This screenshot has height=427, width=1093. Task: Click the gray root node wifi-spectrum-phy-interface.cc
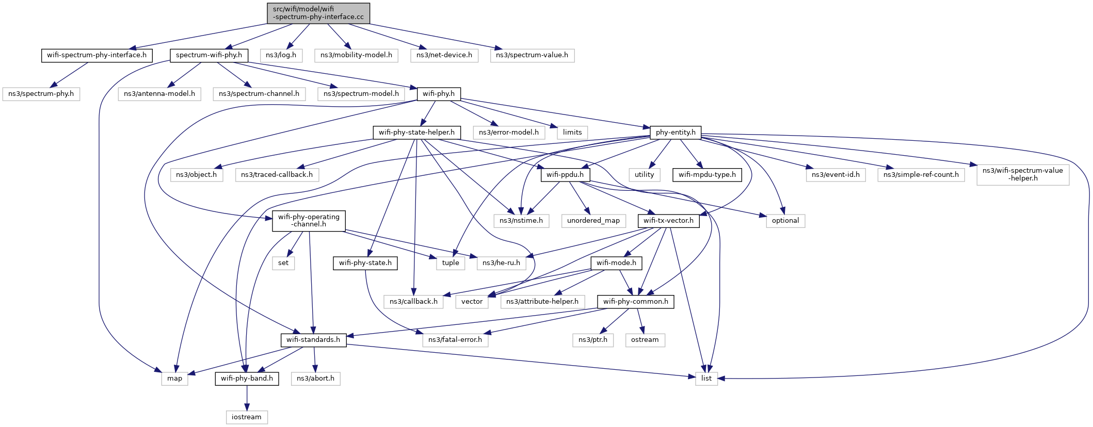coord(318,13)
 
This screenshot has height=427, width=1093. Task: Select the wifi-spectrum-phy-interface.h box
coord(97,55)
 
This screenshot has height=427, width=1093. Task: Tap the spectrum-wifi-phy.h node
coord(209,55)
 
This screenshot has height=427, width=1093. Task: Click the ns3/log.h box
coord(281,55)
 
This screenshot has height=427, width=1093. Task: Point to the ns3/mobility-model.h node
coord(356,55)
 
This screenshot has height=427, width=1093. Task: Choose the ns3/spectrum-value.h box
coord(532,55)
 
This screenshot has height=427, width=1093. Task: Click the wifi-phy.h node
coord(439,94)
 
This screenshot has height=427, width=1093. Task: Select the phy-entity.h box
coord(676,133)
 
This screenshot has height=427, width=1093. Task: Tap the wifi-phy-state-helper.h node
coord(416,133)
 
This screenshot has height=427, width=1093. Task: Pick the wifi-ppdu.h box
coord(565,175)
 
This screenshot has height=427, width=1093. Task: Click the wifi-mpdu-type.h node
coord(707,175)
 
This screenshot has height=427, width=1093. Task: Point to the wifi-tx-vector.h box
coord(669,221)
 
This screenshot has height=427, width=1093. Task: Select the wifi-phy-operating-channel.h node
coord(309,221)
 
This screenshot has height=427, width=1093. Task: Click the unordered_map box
coord(593,221)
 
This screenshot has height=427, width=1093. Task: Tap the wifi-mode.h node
coord(616,263)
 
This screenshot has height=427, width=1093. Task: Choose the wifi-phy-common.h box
coord(636,302)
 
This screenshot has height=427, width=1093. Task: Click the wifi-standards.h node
coord(313,340)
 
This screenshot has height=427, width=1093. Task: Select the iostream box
coord(247,417)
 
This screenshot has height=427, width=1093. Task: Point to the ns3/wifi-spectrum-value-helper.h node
coord(1023,175)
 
